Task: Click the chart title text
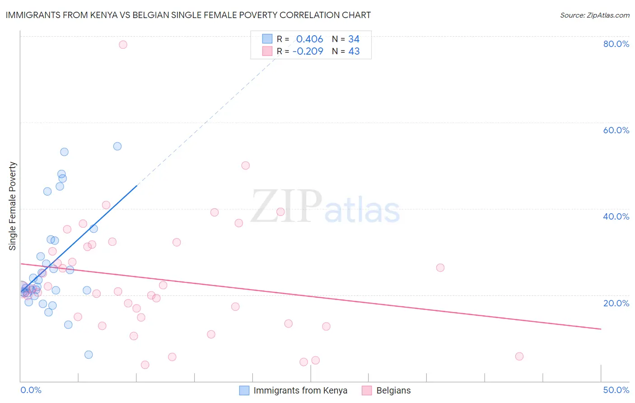(188, 15)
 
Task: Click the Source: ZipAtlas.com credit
(594, 15)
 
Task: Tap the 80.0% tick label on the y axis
(616, 44)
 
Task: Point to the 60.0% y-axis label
(616, 130)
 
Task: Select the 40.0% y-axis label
(616, 216)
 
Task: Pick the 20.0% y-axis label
(616, 303)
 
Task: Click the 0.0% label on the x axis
(31, 390)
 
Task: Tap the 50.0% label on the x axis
(616, 390)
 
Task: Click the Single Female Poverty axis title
(12, 206)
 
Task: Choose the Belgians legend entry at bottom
(393, 390)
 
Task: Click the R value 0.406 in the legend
(309, 39)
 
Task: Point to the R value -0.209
(308, 51)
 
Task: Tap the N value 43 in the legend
(354, 51)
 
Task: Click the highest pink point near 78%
(123, 45)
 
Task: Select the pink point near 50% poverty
(246, 165)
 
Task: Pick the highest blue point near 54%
(117, 146)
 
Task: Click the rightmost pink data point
(519, 356)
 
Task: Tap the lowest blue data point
(89, 355)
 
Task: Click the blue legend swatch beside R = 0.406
(267, 39)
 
